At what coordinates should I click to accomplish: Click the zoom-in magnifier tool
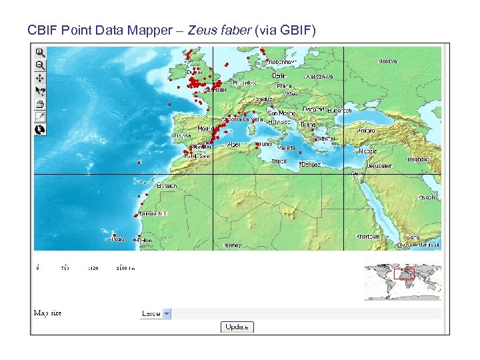[x=40, y=52]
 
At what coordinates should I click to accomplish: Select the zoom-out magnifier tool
[x=40, y=65]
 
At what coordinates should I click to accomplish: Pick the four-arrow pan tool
[x=40, y=78]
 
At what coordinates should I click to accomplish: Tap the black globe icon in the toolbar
[x=40, y=129]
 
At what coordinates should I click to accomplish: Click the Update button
[x=237, y=327]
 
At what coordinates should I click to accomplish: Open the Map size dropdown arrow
[x=167, y=313]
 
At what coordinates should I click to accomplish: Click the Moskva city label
[x=387, y=61]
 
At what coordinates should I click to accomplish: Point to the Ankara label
[x=367, y=131]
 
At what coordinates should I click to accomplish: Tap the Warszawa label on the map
[x=320, y=77]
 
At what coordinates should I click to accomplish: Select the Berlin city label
[x=280, y=76]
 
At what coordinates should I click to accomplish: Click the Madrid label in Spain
[x=205, y=129]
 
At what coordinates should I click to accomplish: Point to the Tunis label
[x=265, y=143]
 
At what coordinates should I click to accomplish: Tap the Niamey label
[x=233, y=245]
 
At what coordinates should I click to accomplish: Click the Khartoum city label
[x=368, y=236]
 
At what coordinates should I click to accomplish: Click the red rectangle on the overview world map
[x=404, y=273]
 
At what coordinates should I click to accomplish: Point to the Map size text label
[x=47, y=313]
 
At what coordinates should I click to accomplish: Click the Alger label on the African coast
[x=234, y=144]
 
